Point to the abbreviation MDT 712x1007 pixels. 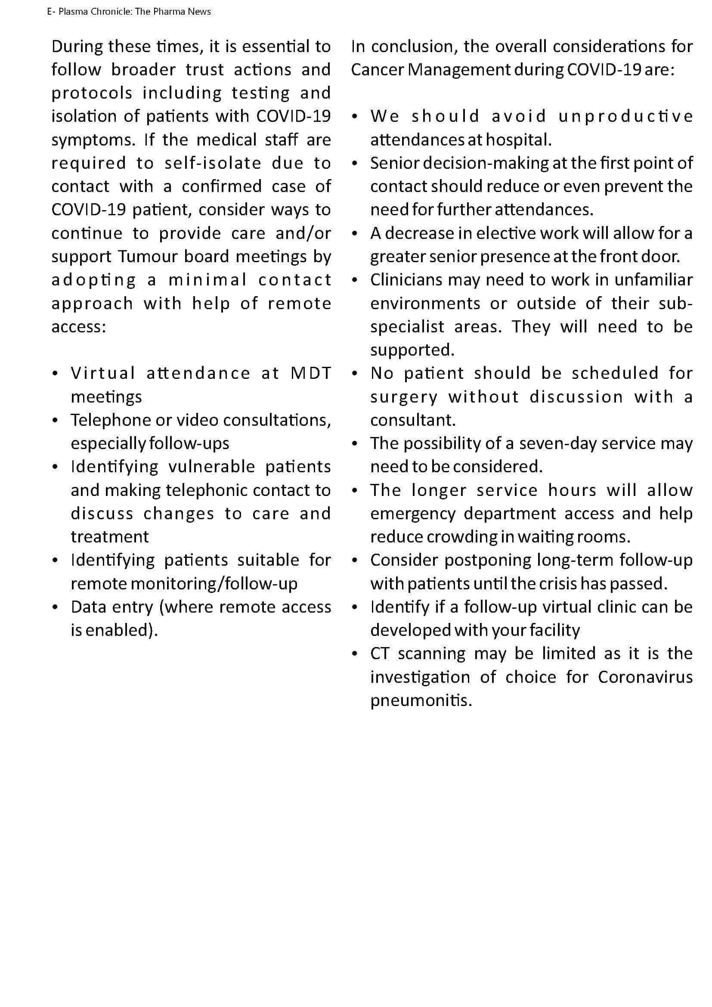(310, 373)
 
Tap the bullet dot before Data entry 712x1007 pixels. (55, 607)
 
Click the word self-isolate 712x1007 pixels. (213, 163)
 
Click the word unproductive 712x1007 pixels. (625, 117)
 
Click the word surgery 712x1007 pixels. (404, 397)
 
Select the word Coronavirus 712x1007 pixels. (645, 677)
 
